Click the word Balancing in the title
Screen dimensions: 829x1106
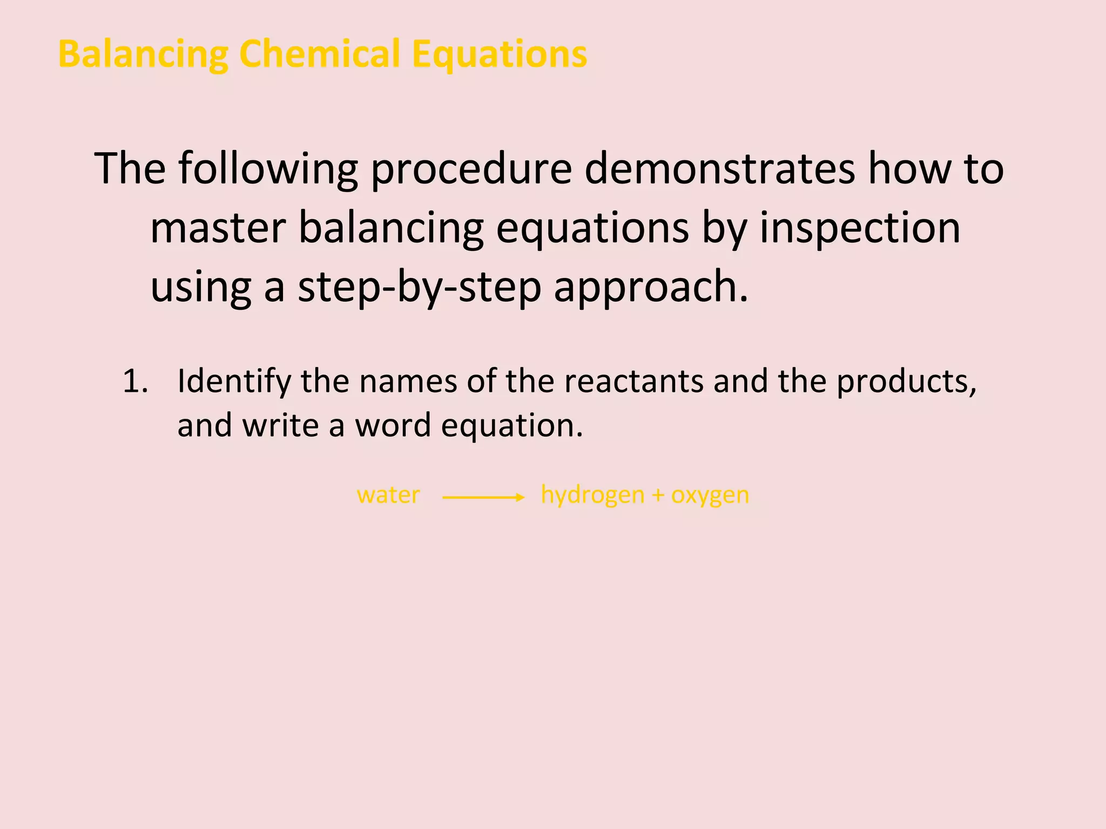143,55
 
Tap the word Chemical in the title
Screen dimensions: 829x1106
319,54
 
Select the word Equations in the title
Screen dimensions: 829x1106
499,55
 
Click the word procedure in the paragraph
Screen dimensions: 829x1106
471,169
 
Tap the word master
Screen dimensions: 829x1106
218,228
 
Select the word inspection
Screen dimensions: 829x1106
860,229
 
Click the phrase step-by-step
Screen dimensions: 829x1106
419,287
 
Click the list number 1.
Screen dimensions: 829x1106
135,381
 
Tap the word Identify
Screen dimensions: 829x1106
234,382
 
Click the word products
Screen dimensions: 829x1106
906,382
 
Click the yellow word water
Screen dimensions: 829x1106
388,495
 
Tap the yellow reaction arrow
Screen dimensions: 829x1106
483,497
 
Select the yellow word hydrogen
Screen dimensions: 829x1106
592,495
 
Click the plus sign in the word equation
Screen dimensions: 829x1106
657,495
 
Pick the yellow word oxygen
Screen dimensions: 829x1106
710,495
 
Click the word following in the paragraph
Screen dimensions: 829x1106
268,169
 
